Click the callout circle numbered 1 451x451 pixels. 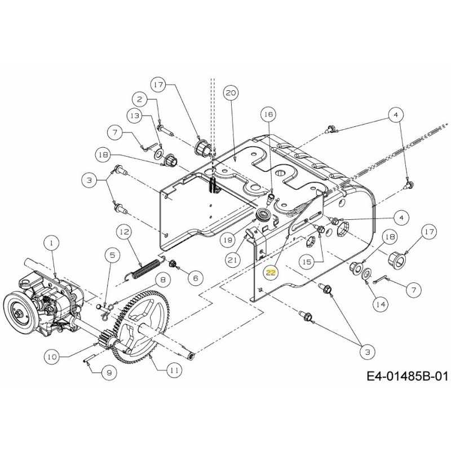pos(51,243)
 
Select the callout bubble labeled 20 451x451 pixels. pos(230,92)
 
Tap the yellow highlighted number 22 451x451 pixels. pos(272,272)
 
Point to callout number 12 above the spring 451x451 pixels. pos(124,231)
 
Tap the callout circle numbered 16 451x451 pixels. pos(268,114)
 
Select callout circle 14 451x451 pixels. pos(380,304)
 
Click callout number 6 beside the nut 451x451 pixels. pos(195,277)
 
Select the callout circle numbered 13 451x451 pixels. pos(134,115)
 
